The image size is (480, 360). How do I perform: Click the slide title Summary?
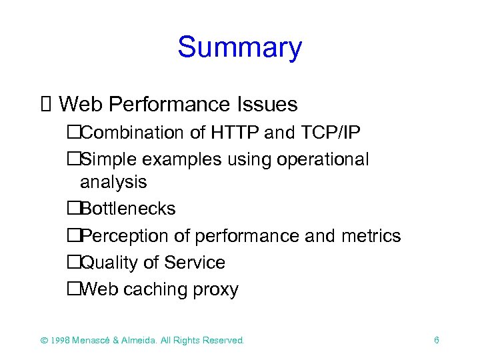[239, 48]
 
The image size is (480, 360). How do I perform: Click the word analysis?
[113, 181]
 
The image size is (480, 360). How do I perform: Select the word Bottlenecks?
[128, 209]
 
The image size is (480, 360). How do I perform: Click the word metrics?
[371, 236]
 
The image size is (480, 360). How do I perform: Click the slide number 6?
[436, 340]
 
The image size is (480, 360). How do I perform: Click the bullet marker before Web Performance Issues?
[45, 105]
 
